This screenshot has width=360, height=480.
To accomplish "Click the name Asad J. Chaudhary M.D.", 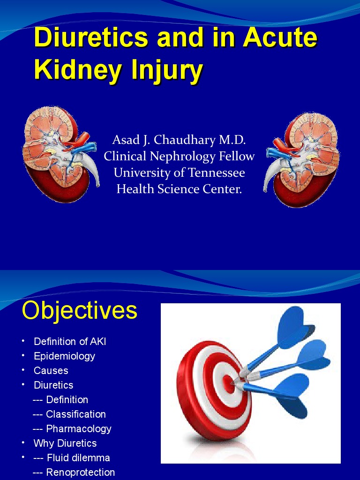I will [x=179, y=140].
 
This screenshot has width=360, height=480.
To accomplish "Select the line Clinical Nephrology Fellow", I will [x=179, y=156].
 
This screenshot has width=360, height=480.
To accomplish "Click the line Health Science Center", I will [x=179, y=189].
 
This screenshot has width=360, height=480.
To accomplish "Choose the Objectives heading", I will [x=80, y=310].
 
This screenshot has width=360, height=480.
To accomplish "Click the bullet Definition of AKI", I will [x=70, y=341].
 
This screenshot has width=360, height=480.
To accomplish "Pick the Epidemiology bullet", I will [x=64, y=356].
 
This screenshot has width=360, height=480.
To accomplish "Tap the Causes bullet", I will [x=51, y=370].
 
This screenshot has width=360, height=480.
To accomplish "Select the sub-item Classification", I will [x=75, y=414].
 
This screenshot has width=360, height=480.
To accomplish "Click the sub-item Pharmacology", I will [x=78, y=428].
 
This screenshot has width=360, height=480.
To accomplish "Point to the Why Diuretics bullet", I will [x=65, y=443].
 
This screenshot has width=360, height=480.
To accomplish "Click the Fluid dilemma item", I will [x=78, y=457].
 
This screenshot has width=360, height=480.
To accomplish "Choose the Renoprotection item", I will [x=80, y=472].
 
